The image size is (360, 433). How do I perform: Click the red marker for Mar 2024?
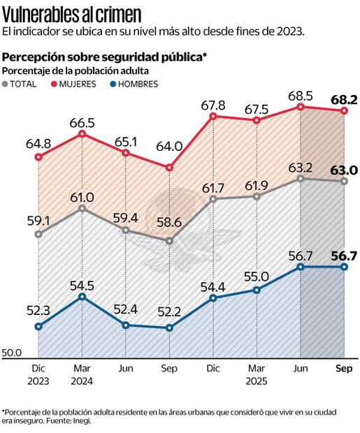coord(82,133)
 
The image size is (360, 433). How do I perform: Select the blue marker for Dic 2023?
coord(39,326)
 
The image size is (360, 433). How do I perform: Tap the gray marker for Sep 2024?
coord(169,241)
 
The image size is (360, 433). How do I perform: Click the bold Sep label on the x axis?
coord(344,368)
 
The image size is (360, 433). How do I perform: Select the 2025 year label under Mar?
coord(257,381)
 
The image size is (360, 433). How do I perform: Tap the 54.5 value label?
coord(82,285)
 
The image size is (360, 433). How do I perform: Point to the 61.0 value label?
coord(82,196)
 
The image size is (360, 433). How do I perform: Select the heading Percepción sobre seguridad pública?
coord(105,56)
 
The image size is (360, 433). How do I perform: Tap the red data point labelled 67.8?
coord(213,116)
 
